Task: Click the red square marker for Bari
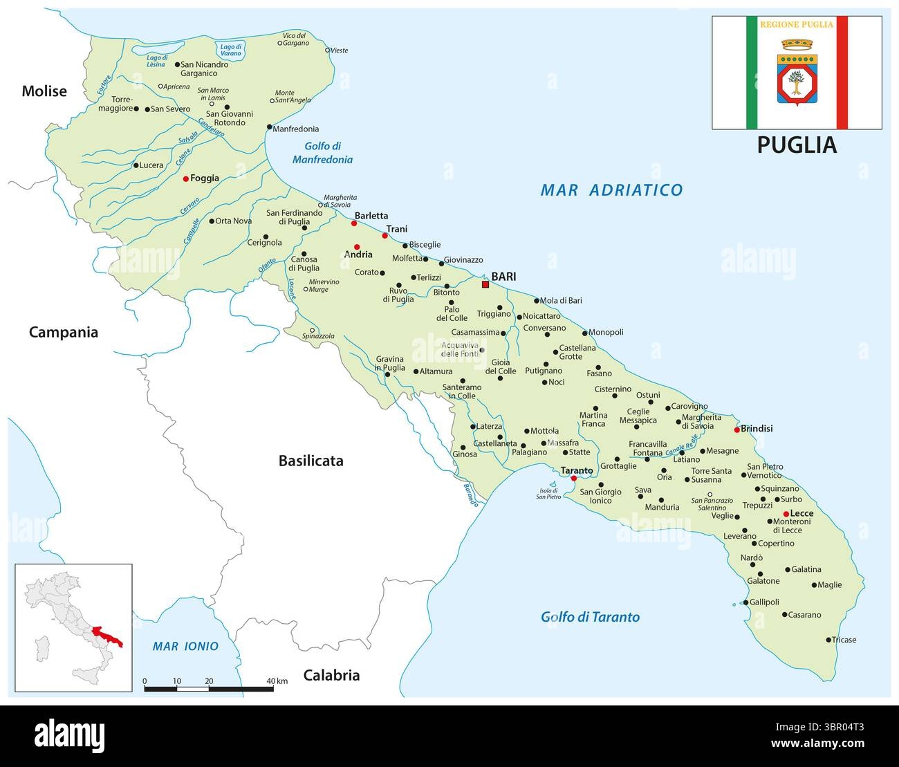click(x=485, y=284)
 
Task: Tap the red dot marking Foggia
click(x=185, y=178)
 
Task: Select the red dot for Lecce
click(x=786, y=513)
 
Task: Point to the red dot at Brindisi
click(x=736, y=429)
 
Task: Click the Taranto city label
click(x=576, y=470)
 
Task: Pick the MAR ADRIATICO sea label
click(x=611, y=190)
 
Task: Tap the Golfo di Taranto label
click(x=590, y=617)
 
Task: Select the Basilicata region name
click(x=311, y=461)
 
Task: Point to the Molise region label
click(x=44, y=91)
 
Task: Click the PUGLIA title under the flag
click(x=797, y=145)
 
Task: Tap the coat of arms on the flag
click(x=797, y=73)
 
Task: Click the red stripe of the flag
click(x=842, y=73)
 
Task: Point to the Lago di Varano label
click(x=230, y=49)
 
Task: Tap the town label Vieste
click(x=339, y=50)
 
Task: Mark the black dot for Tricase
click(x=828, y=640)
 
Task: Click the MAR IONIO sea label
click(x=185, y=647)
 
